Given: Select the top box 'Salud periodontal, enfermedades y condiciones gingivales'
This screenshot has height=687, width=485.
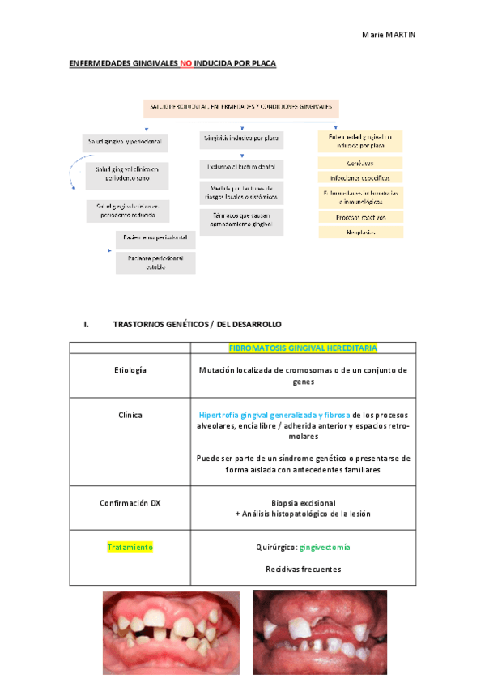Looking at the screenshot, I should coord(241,107).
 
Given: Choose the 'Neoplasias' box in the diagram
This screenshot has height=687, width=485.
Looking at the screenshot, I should coord(361,232).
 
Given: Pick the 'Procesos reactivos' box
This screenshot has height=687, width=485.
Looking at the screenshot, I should coord(361,217).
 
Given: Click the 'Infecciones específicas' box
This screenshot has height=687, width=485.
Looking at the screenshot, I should coord(361,177).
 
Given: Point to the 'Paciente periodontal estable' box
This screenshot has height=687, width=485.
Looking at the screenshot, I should coord(155,262).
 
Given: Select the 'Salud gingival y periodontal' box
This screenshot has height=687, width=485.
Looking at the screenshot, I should coord(125,142).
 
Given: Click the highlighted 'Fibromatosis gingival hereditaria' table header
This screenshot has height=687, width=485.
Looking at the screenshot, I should coord(303,348).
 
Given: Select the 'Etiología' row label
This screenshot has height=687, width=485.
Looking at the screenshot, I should coord(130,370).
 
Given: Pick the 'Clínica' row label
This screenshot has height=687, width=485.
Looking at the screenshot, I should coord(130,415).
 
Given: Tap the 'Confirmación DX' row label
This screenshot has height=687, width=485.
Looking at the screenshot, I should coord(130,502).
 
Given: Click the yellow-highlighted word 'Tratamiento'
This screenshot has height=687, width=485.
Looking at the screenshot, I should coord(130,547).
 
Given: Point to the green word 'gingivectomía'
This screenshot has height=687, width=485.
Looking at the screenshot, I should coord(324,547).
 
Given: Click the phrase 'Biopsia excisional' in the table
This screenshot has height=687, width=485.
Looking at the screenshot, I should coord(303,502).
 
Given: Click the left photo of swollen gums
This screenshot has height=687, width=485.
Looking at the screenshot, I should coord(171,633).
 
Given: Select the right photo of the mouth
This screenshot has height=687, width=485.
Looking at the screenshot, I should coord(319,633).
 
